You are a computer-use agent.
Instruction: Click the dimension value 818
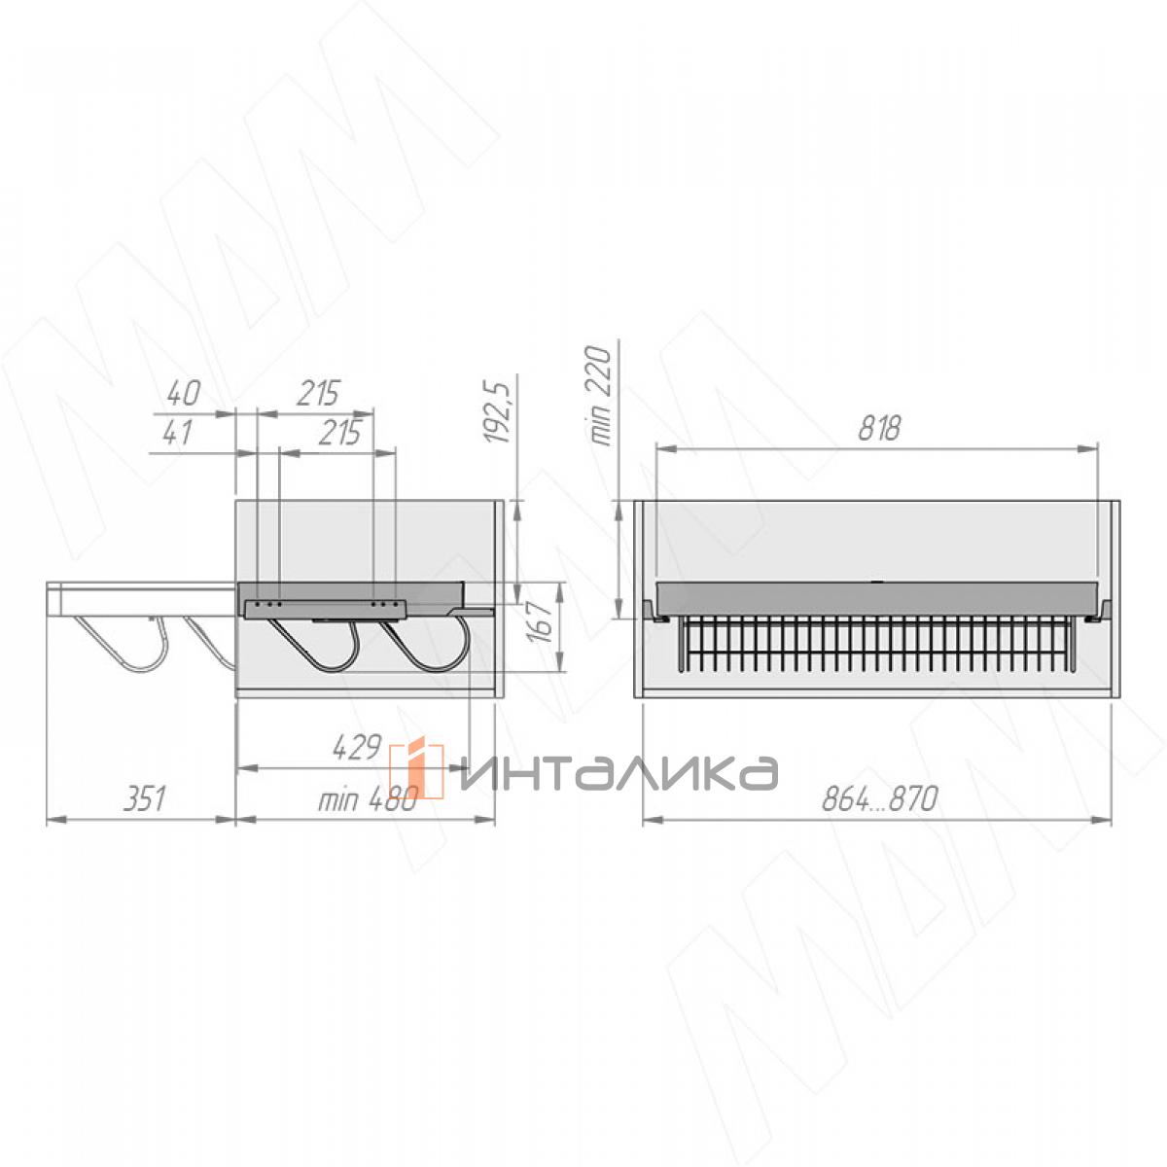(x=879, y=428)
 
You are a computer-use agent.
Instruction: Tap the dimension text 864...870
(x=879, y=798)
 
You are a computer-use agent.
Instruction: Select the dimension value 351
(x=144, y=798)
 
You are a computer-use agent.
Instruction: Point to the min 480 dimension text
(x=369, y=800)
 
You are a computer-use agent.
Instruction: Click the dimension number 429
(x=357, y=747)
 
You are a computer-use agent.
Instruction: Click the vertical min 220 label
(x=601, y=396)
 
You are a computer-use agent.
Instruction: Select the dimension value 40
(x=184, y=393)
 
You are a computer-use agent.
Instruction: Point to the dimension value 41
(x=178, y=433)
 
